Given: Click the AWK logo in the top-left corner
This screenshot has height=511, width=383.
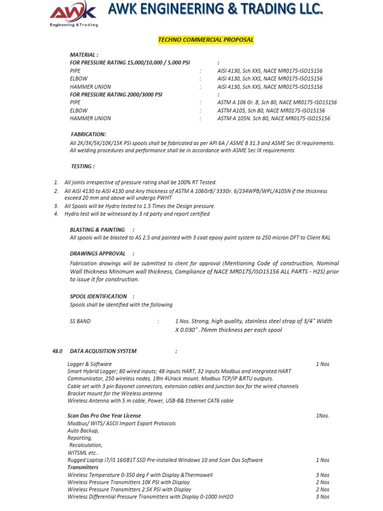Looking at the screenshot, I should tap(73, 14).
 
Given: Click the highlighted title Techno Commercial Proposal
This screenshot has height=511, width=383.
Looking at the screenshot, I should tap(206, 40).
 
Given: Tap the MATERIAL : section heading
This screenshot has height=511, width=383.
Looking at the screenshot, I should tap(84, 55).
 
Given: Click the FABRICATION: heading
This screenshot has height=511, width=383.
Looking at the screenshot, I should tap(88, 135).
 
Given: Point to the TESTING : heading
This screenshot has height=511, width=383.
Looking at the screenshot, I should tap(82, 167).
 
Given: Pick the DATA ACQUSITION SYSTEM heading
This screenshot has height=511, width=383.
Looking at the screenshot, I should tap(103, 351).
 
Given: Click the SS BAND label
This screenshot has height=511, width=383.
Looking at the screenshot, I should tap(80, 321).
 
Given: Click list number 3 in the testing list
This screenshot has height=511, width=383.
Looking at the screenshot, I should tap(56, 206).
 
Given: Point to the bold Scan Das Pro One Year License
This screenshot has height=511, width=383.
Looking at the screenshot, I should tap(104, 416).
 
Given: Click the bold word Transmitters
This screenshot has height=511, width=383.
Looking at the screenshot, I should tap(83, 467).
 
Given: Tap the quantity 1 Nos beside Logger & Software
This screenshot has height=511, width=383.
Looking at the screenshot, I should tap(323, 364).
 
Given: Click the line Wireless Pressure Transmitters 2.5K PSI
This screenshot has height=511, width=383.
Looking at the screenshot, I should tap(129, 490).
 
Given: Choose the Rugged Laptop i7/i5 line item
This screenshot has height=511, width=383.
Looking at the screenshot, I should tap(165, 460).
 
